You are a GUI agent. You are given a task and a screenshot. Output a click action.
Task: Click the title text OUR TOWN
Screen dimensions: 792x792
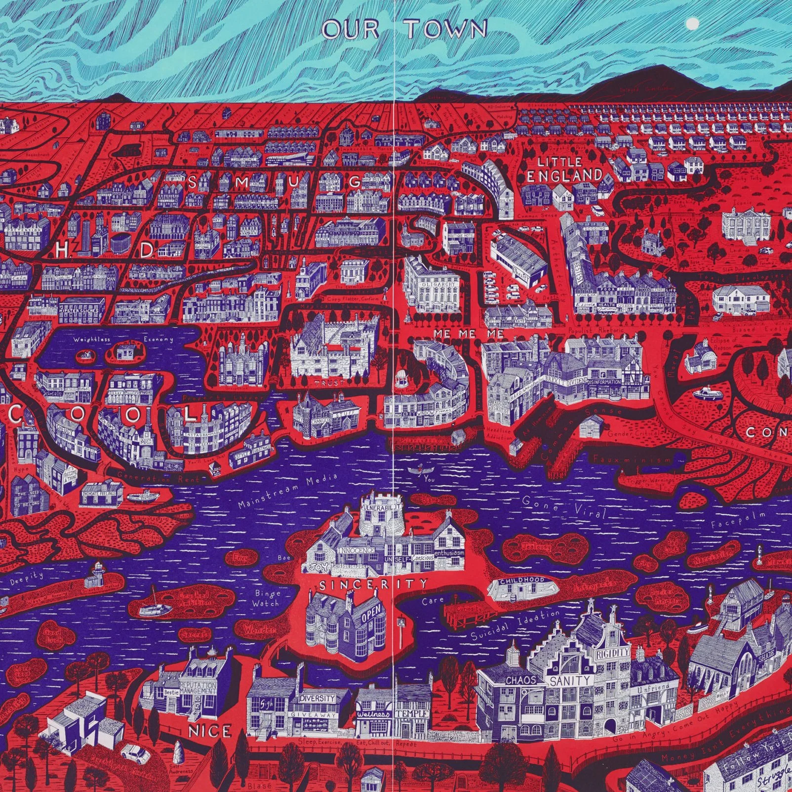tap(404, 30)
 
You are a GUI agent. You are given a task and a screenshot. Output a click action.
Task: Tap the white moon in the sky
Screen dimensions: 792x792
tap(693, 23)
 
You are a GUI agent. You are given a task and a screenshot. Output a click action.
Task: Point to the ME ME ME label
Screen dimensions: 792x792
tap(469, 334)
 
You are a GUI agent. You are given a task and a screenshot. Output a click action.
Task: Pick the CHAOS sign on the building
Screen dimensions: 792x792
tap(520, 680)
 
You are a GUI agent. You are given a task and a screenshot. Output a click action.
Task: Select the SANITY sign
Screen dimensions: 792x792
tap(570, 681)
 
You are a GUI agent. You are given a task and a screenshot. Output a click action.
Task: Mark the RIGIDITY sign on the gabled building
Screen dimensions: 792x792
tap(613, 652)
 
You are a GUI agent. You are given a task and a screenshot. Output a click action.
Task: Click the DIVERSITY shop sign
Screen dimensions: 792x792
tap(317, 699)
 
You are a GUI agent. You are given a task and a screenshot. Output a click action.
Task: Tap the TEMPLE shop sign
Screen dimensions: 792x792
tap(411, 714)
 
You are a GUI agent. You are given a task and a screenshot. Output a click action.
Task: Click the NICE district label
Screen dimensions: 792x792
tap(210, 731)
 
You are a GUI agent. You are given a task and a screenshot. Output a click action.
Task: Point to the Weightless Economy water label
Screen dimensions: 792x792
tap(123, 339)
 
